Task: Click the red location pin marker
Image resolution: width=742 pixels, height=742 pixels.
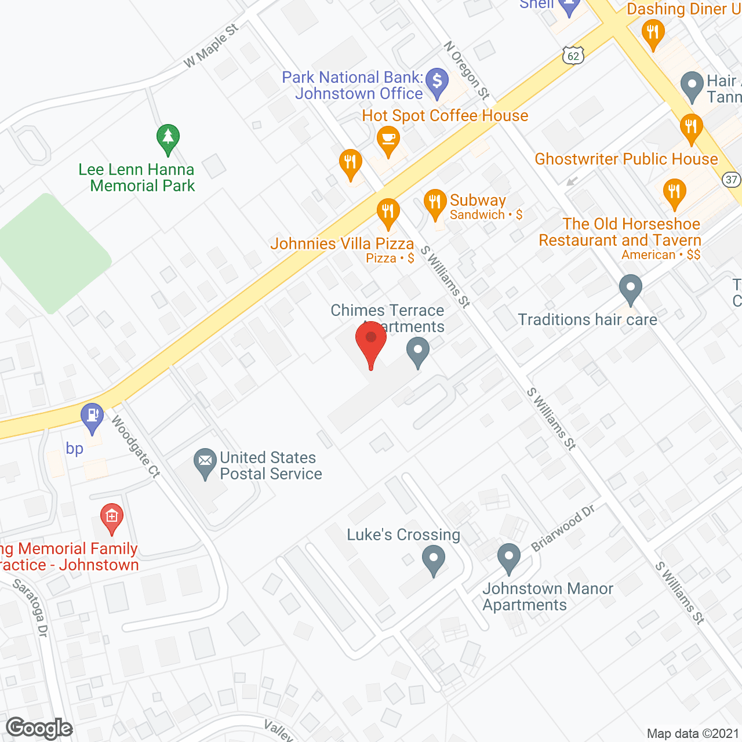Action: pos(370,342)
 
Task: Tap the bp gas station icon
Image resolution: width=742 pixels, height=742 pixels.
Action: pos(92,416)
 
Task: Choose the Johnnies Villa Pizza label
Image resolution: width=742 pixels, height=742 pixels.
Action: pos(342,244)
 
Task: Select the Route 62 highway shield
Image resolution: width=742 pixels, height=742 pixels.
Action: pos(573,56)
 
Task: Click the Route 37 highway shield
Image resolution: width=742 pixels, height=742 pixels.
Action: pos(732,180)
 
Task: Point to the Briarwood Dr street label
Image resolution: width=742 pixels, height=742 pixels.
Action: pos(563,528)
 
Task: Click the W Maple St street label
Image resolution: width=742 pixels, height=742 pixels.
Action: pos(211,46)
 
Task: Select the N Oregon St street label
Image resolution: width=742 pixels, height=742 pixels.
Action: pos(467,70)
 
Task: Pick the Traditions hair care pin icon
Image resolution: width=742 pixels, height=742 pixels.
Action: pos(630,288)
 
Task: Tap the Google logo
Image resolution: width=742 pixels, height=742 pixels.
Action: pos(39,728)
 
